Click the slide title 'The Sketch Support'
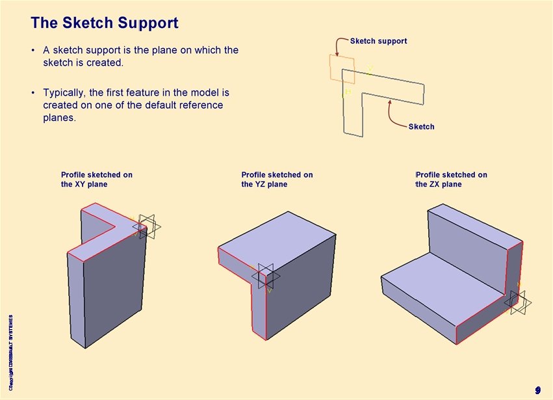pyautogui.click(x=104, y=23)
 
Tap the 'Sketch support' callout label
pyautogui.click(x=378, y=41)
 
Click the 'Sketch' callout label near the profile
pyautogui.click(x=421, y=126)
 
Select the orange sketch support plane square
pyautogui.click(x=342, y=68)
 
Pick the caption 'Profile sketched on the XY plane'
pyautogui.click(x=96, y=180)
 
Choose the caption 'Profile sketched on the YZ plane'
pyautogui.click(x=277, y=180)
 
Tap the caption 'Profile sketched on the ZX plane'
pyautogui.click(x=451, y=180)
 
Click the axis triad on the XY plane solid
pyautogui.click(x=147, y=226)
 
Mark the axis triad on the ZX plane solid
pyautogui.click(x=519, y=302)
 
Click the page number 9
pyautogui.click(x=537, y=390)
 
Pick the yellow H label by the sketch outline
pyautogui.click(x=348, y=92)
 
